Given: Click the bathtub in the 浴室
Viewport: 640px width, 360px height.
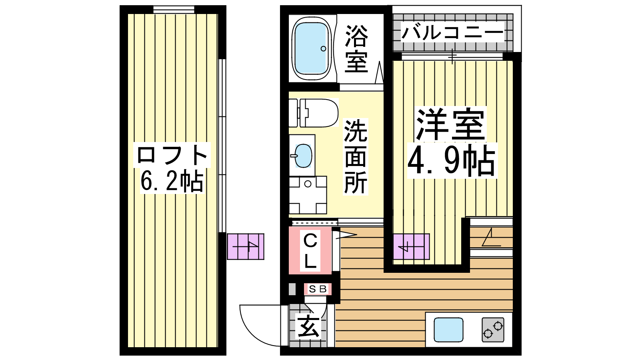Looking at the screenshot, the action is click(312, 48).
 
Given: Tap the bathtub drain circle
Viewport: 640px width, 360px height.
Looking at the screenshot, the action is click(324, 48).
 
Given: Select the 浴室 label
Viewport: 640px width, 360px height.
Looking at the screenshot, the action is click(356, 48).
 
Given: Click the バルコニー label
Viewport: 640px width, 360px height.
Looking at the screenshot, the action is click(452, 32).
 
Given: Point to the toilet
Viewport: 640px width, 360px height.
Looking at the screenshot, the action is click(314, 113).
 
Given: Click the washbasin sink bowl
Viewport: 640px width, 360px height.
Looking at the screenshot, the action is click(303, 156).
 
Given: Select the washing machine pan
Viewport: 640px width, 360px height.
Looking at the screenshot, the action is click(308, 195).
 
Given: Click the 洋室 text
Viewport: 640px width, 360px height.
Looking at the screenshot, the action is click(450, 124).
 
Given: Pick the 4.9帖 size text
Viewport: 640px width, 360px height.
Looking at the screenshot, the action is click(452, 160).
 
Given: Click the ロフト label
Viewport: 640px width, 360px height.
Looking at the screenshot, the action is click(172, 155).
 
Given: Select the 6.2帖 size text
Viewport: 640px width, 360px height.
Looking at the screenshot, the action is click(172, 181).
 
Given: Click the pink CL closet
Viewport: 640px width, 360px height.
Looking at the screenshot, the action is click(310, 250).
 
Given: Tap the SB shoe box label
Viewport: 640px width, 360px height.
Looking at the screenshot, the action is click(318, 289).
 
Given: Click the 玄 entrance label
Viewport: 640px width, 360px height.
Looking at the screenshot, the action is click(308, 326).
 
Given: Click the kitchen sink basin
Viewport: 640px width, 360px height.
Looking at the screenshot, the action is click(448, 330).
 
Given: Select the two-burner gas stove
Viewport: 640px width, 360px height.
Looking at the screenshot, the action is click(493, 330).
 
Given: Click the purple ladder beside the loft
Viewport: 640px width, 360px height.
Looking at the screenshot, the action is click(246, 246).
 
